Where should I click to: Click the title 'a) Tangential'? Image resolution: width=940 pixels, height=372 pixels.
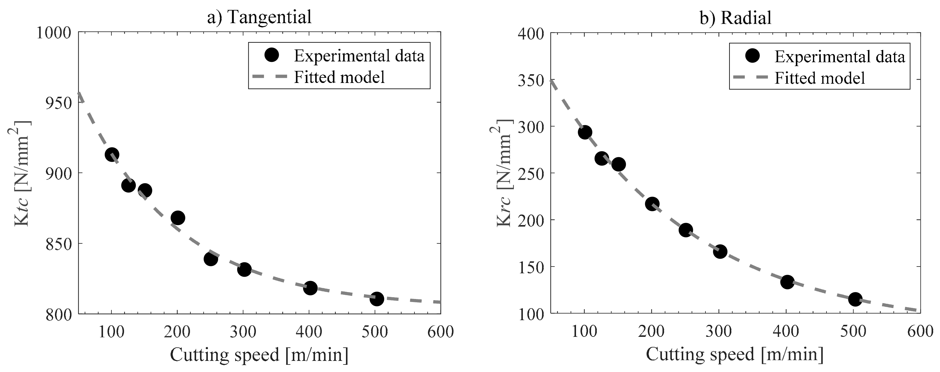click(259, 17)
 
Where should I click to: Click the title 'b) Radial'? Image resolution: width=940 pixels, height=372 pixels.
click(735, 17)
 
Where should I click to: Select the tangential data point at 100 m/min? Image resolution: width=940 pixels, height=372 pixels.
click(112, 154)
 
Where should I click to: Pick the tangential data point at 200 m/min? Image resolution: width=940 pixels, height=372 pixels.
click(178, 218)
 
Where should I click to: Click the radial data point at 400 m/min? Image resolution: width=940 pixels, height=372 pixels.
click(787, 282)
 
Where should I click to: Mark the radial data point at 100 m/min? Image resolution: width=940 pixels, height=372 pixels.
click(585, 133)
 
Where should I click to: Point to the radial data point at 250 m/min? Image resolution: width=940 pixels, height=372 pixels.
click(686, 230)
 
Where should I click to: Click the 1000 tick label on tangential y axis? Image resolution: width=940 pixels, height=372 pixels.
click(54, 33)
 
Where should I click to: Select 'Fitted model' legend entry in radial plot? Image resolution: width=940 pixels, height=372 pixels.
click(820, 78)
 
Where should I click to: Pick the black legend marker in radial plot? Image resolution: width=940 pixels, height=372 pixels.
click(752, 56)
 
